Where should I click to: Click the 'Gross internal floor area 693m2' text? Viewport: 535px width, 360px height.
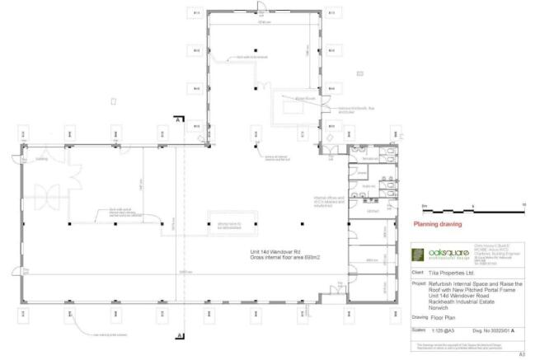(285, 258)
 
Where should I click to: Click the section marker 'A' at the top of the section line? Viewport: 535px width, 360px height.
(177, 119)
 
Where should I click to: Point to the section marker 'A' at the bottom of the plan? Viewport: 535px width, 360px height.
(178, 335)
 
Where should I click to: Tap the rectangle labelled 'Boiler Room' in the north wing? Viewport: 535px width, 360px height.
(292, 106)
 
